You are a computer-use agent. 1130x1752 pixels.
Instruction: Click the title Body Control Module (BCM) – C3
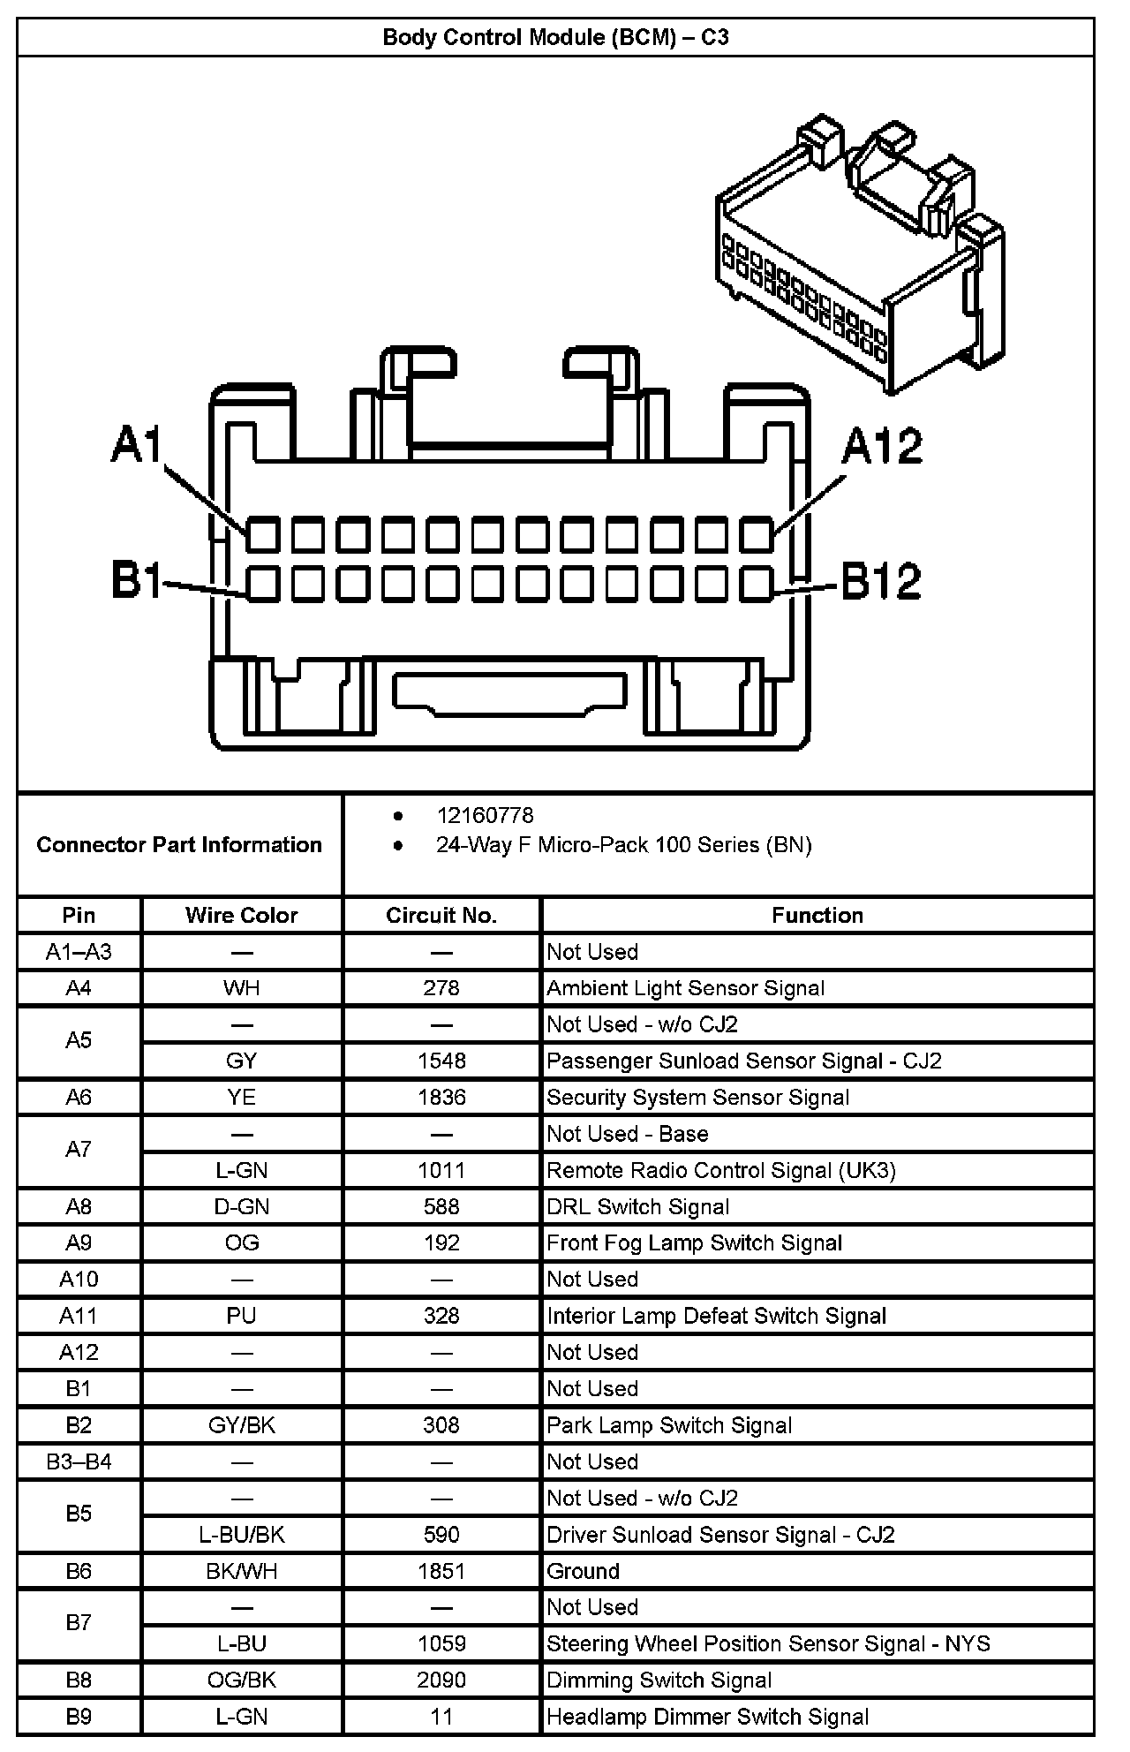(x=555, y=38)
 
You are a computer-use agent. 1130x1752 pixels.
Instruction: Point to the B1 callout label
(x=136, y=580)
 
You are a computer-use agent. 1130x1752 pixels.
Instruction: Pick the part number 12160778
(x=485, y=815)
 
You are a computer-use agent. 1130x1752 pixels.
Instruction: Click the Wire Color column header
(x=241, y=915)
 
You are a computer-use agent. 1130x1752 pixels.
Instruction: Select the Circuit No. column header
(x=441, y=915)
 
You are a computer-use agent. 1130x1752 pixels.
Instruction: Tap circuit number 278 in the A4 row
(x=441, y=988)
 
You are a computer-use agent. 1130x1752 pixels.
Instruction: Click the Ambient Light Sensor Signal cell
(x=685, y=988)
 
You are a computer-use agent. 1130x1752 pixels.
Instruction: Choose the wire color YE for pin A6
(x=241, y=1097)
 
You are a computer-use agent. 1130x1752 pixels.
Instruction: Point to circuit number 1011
(x=441, y=1170)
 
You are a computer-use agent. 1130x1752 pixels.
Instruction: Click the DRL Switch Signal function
(x=637, y=1206)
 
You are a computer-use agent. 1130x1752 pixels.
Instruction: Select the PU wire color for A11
(x=241, y=1316)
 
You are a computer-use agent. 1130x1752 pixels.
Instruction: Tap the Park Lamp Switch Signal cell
(x=669, y=1425)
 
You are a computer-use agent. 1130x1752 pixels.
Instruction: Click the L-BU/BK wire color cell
(x=241, y=1535)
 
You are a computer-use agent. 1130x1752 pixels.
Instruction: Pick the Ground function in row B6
(x=583, y=1571)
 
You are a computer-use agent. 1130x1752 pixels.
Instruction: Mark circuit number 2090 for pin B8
(x=441, y=1680)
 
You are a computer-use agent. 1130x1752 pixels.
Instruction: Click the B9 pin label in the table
(x=79, y=1717)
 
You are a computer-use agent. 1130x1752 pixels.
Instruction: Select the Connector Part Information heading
(x=179, y=845)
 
